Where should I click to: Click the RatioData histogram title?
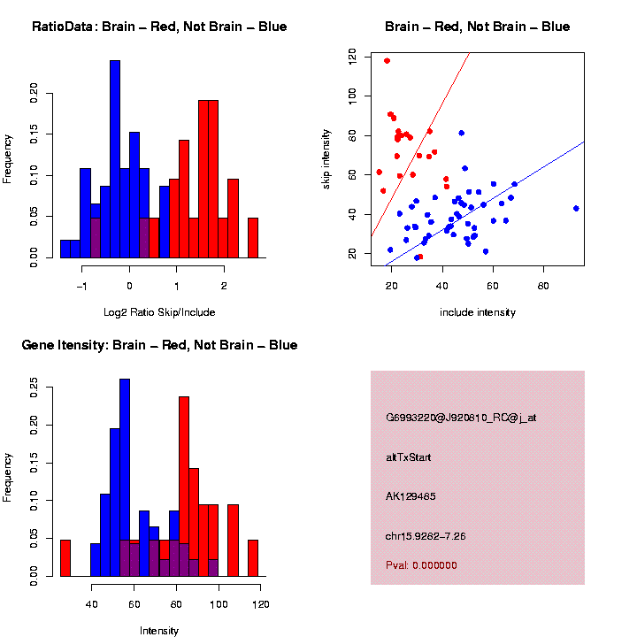[159, 27]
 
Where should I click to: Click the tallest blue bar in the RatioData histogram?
[115, 159]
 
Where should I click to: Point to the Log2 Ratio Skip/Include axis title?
[159, 311]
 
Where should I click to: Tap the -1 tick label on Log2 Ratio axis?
[82, 286]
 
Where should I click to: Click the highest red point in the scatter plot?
[387, 61]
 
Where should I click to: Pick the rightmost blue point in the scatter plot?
[576, 209]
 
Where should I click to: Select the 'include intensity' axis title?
[478, 312]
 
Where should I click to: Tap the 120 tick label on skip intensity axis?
[353, 56]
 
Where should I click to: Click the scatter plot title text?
[477, 27]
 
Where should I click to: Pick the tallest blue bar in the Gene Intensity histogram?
[125, 478]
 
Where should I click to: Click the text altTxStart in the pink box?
[409, 457]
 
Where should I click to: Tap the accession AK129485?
[409, 496]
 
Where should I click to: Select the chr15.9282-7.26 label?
[426, 536]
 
